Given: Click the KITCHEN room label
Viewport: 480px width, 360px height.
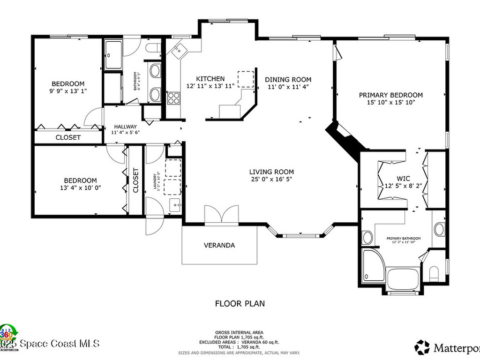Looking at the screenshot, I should coord(210,79).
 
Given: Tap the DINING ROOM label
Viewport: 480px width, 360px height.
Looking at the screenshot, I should coord(288,79).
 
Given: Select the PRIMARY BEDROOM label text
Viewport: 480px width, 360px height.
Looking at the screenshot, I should coord(390,95).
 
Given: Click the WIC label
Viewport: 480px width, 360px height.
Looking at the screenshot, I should coord(403,179).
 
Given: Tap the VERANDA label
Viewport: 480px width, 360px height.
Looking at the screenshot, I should coord(219,245).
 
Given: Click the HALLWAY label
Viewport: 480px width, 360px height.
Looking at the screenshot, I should coord(124,127).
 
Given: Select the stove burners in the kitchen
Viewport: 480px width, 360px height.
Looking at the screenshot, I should coord(174,98).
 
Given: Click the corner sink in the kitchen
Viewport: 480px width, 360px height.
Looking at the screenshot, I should coord(179,51).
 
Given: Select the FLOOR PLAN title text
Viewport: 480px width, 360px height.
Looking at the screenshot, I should coord(240,303).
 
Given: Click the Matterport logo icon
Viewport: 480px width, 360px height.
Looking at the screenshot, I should coord(422,347).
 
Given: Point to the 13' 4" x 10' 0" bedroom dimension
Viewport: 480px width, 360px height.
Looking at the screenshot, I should coord(80,187).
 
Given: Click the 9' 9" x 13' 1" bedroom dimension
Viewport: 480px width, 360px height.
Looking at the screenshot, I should coord(68,91).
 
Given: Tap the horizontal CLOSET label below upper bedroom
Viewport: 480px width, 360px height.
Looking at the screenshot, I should coord(68,137).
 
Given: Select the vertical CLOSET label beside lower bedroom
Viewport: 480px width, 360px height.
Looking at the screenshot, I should coord(135,180).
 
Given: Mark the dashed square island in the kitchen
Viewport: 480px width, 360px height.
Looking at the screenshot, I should coord(245,79).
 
